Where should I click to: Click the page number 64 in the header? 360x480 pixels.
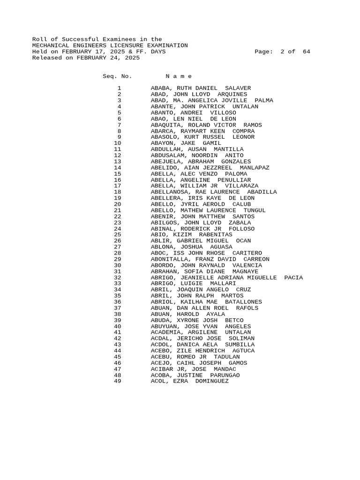tap(306, 52)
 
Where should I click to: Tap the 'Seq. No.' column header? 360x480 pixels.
tap(117, 76)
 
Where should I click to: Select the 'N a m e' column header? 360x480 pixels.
tap(179, 76)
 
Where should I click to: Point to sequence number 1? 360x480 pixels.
tap(119, 88)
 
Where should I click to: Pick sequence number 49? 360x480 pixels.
tap(117, 381)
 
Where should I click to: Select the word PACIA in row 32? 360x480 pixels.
tap(293, 277)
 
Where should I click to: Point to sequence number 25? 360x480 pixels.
tap(117, 234)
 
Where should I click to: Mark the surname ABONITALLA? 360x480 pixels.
tap(169, 259)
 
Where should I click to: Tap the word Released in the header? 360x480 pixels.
tap(46, 58)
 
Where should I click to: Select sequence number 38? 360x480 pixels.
tap(117, 314)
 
